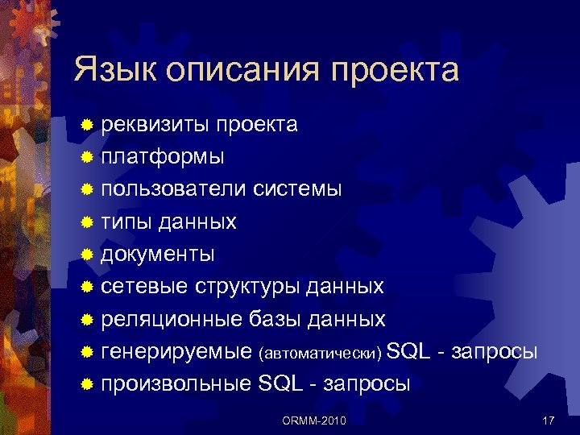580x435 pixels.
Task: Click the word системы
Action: (298, 189)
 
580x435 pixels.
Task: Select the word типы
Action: (126, 222)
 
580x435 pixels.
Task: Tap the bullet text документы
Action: (157, 255)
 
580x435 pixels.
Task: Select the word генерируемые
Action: (176, 352)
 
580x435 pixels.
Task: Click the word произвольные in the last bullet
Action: (176, 384)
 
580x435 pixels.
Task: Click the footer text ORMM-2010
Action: (315, 420)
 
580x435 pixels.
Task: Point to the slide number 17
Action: (549, 420)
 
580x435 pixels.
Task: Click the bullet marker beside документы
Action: (88, 255)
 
